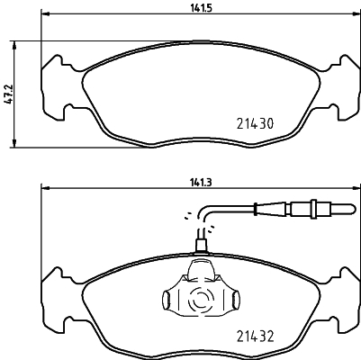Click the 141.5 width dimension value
[201, 8]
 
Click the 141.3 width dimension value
[201, 183]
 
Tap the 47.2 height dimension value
[9, 94]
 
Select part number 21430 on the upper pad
[255, 123]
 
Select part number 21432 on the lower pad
[255, 337]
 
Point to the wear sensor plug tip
[354, 208]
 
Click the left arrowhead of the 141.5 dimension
[45, 13]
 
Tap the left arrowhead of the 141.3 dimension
[45, 188]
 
